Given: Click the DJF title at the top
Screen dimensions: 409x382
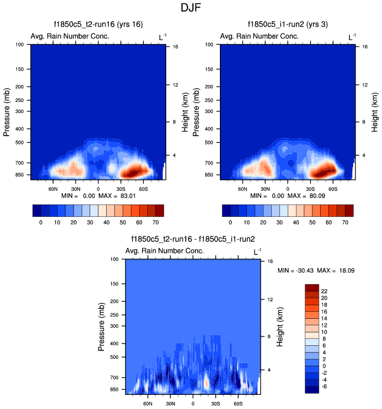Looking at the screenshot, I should pyautogui.click(x=191, y=8).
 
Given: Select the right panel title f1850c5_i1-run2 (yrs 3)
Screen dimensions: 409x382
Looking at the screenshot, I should pyautogui.click(x=287, y=24).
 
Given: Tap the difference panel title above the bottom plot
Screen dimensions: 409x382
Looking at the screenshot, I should pyautogui.click(x=193, y=239).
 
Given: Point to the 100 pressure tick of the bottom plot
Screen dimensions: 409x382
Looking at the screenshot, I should pyautogui.click(x=114, y=259).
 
